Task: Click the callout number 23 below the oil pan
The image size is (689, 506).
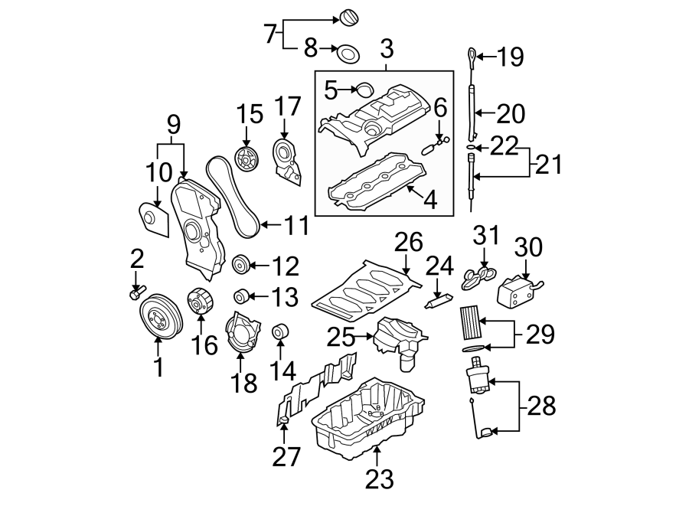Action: pyautogui.click(x=379, y=478)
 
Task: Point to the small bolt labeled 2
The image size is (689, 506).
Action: pyautogui.click(x=136, y=292)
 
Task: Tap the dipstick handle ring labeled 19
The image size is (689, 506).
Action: pyautogui.click(x=470, y=54)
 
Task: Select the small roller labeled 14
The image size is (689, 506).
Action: pyautogui.click(x=280, y=333)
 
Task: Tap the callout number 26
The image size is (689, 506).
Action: pyautogui.click(x=408, y=243)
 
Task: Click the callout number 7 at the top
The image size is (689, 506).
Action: pyautogui.click(x=269, y=34)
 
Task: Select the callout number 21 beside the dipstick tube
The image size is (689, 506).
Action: pyautogui.click(x=547, y=164)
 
